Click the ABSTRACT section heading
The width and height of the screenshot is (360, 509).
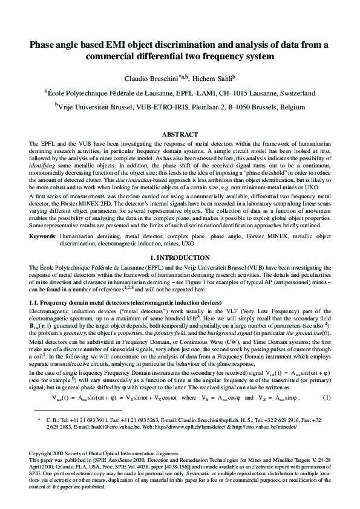coord(180,134)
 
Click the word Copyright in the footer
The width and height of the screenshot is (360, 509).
coord(42,470)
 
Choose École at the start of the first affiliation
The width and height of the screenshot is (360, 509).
coord(58,94)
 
